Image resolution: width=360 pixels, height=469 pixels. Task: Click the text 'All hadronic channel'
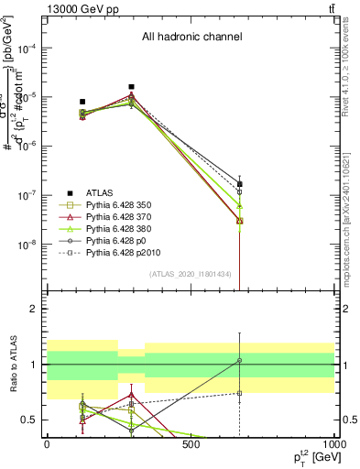(191, 38)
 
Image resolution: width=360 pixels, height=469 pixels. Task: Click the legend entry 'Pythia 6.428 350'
(125, 207)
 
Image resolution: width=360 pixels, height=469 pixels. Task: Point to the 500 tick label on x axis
(191, 444)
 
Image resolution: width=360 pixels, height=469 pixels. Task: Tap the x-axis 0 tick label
(47, 444)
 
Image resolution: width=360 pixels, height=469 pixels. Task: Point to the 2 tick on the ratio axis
(35, 309)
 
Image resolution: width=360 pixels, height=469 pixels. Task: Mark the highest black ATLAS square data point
(132, 87)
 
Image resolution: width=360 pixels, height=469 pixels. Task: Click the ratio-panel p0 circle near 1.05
(240, 361)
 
